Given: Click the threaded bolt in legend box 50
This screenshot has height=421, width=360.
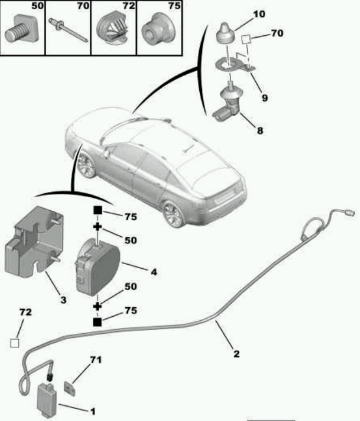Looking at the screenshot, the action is pos(22,29).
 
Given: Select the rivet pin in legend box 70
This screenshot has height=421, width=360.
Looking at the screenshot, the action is pos(68,30).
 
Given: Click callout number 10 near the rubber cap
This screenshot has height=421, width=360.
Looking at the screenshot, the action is pos(259,14).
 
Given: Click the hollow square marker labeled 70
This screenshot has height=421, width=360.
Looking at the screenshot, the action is pos(246,40).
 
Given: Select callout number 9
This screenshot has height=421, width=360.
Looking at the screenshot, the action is pos(264,98).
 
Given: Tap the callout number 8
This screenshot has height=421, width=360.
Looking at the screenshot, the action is pos(260,131).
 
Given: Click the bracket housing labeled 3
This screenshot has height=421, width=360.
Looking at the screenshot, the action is pos(34,241).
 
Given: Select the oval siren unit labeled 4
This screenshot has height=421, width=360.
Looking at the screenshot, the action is pos(98,266).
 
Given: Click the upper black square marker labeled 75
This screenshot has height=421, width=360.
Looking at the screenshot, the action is pos(98,210).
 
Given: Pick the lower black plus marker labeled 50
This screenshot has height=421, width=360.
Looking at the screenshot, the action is pos(97,306).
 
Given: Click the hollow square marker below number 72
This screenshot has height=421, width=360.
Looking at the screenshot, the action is pos(14,343).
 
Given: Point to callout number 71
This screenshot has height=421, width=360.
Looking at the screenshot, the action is pos(96,360).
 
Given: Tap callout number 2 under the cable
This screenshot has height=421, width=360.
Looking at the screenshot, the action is pos(236,354).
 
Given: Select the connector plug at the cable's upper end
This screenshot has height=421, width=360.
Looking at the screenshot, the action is pos(349,213).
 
